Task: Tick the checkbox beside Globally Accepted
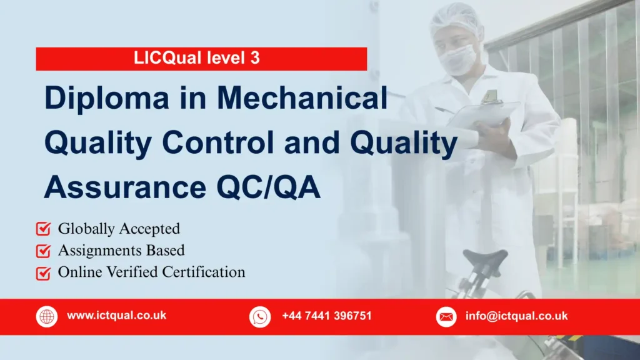44,229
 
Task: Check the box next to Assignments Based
44,251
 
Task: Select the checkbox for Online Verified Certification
44,273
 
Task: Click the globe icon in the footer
47,317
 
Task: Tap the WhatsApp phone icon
259,317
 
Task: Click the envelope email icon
446,317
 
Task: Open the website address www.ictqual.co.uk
116,316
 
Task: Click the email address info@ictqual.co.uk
516,316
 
